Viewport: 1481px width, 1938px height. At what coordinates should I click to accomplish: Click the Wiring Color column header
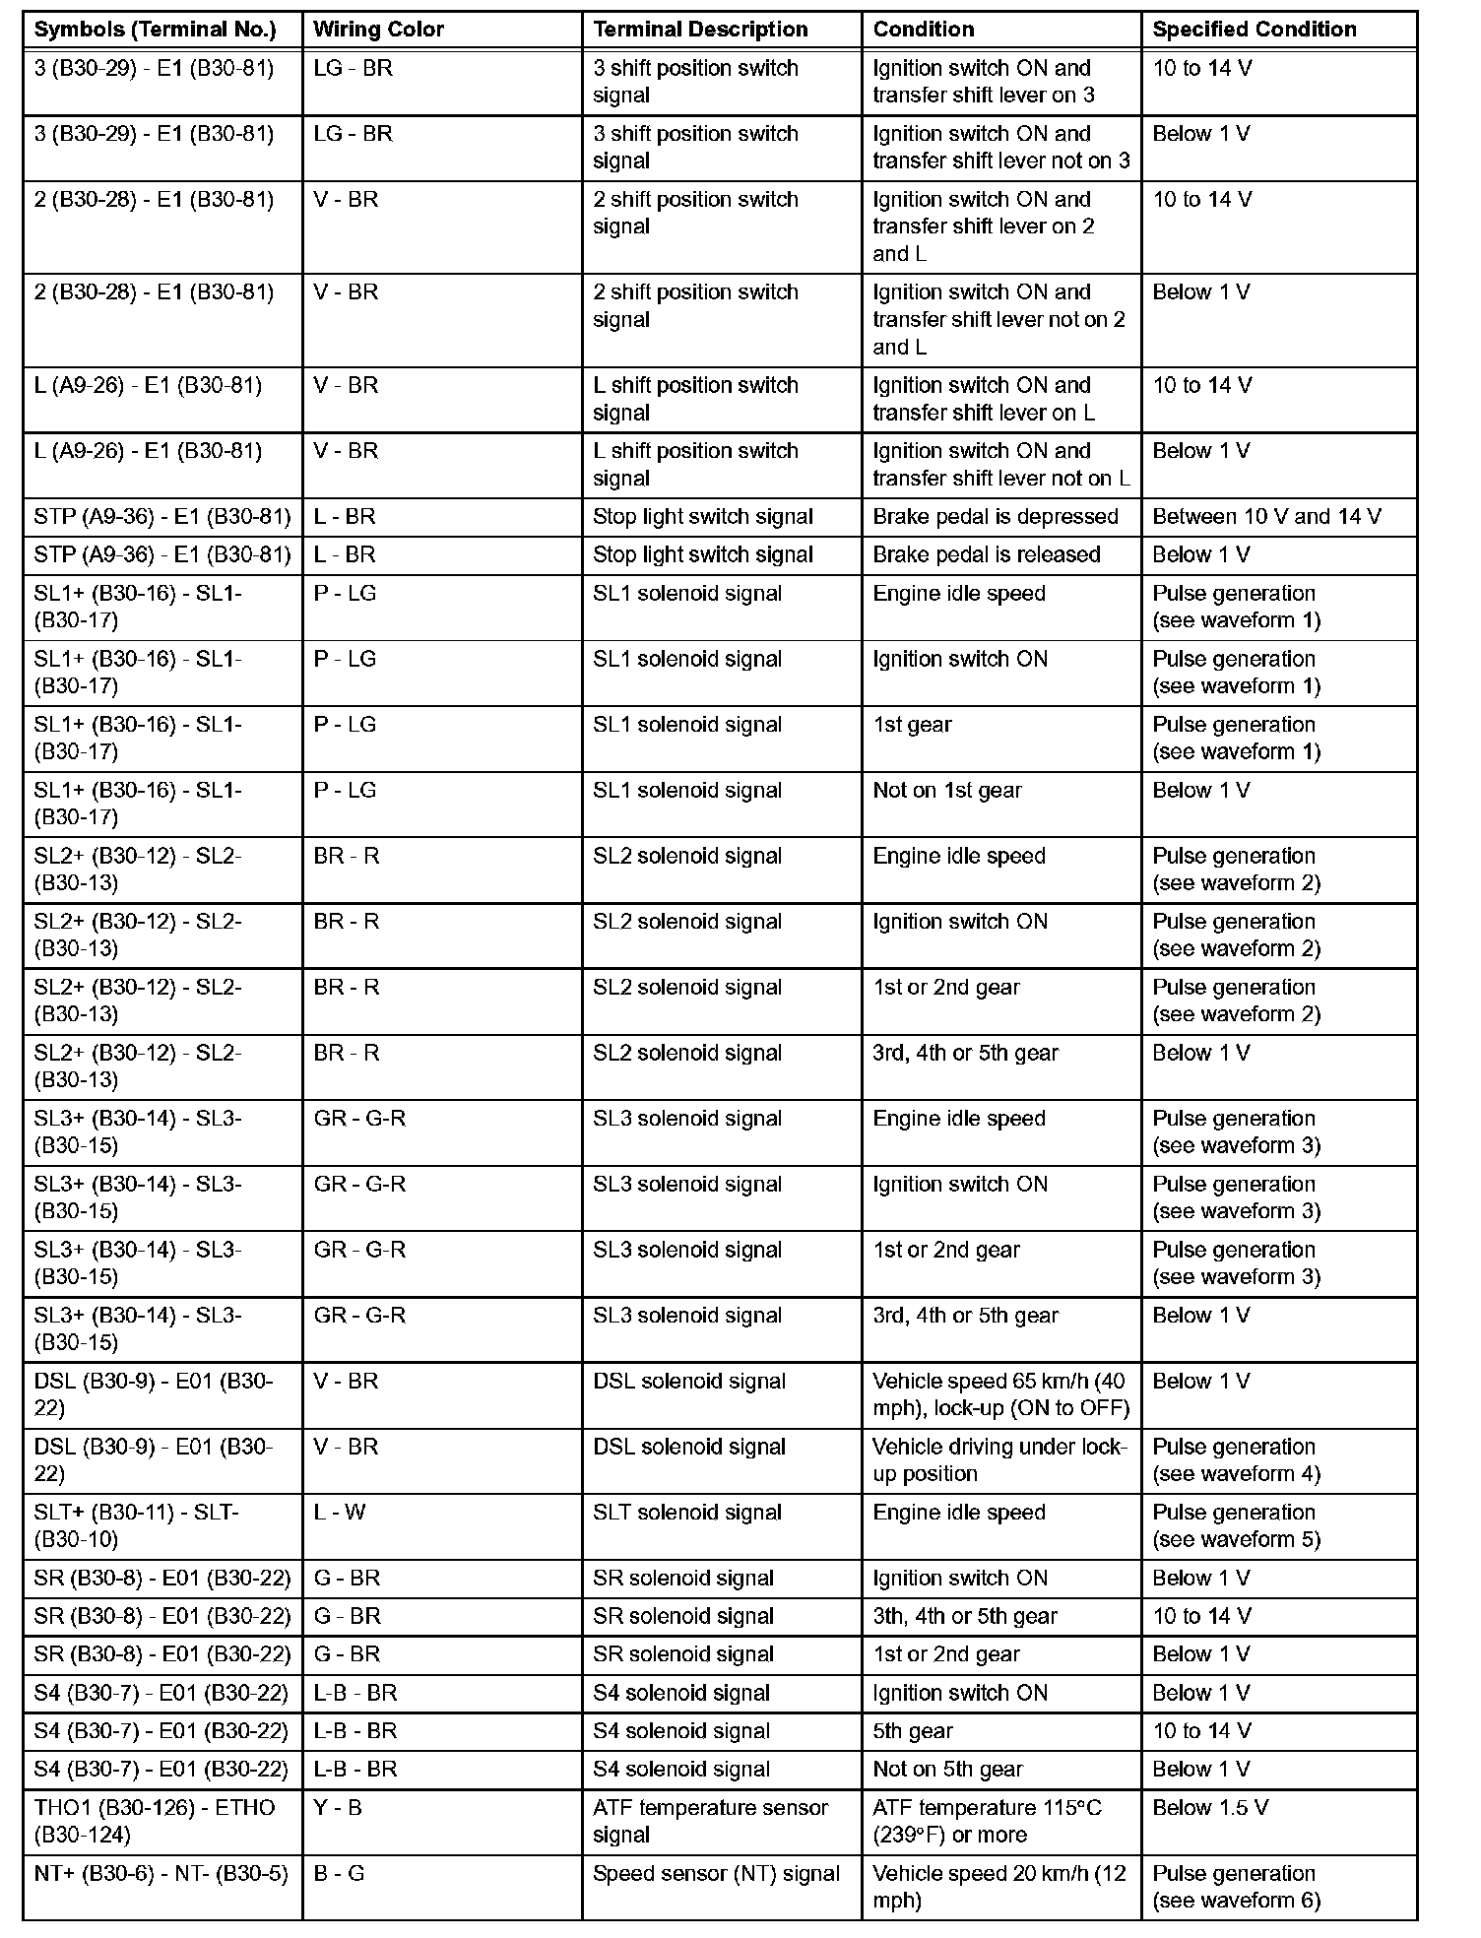(378, 30)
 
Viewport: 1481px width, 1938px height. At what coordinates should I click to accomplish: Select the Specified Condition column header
(1254, 30)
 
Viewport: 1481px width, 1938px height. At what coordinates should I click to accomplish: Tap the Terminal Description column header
(700, 30)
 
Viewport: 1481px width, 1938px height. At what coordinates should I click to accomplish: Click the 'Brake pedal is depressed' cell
(995, 517)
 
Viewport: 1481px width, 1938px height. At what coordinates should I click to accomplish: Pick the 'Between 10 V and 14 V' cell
(1266, 517)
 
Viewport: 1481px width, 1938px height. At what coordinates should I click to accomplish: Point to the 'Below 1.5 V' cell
(1210, 1808)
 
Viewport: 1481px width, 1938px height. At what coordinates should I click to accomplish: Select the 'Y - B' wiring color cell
(338, 1808)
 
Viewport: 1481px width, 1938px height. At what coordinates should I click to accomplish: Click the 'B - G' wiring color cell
(339, 1874)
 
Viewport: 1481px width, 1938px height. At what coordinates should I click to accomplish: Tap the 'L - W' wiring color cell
(340, 1513)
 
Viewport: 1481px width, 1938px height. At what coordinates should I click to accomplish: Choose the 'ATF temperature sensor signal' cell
(710, 1821)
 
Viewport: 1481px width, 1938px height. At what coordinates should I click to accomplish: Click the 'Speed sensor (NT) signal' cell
(716, 1874)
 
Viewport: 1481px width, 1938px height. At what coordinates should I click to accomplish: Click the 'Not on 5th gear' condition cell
(947, 1770)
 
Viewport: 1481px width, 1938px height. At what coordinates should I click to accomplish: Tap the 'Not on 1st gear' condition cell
(946, 791)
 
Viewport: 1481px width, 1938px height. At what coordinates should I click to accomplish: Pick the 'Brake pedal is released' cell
(986, 555)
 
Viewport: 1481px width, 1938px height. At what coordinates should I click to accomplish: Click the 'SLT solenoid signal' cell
(686, 1513)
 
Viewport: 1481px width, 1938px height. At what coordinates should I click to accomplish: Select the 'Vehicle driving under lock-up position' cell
(998, 1460)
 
